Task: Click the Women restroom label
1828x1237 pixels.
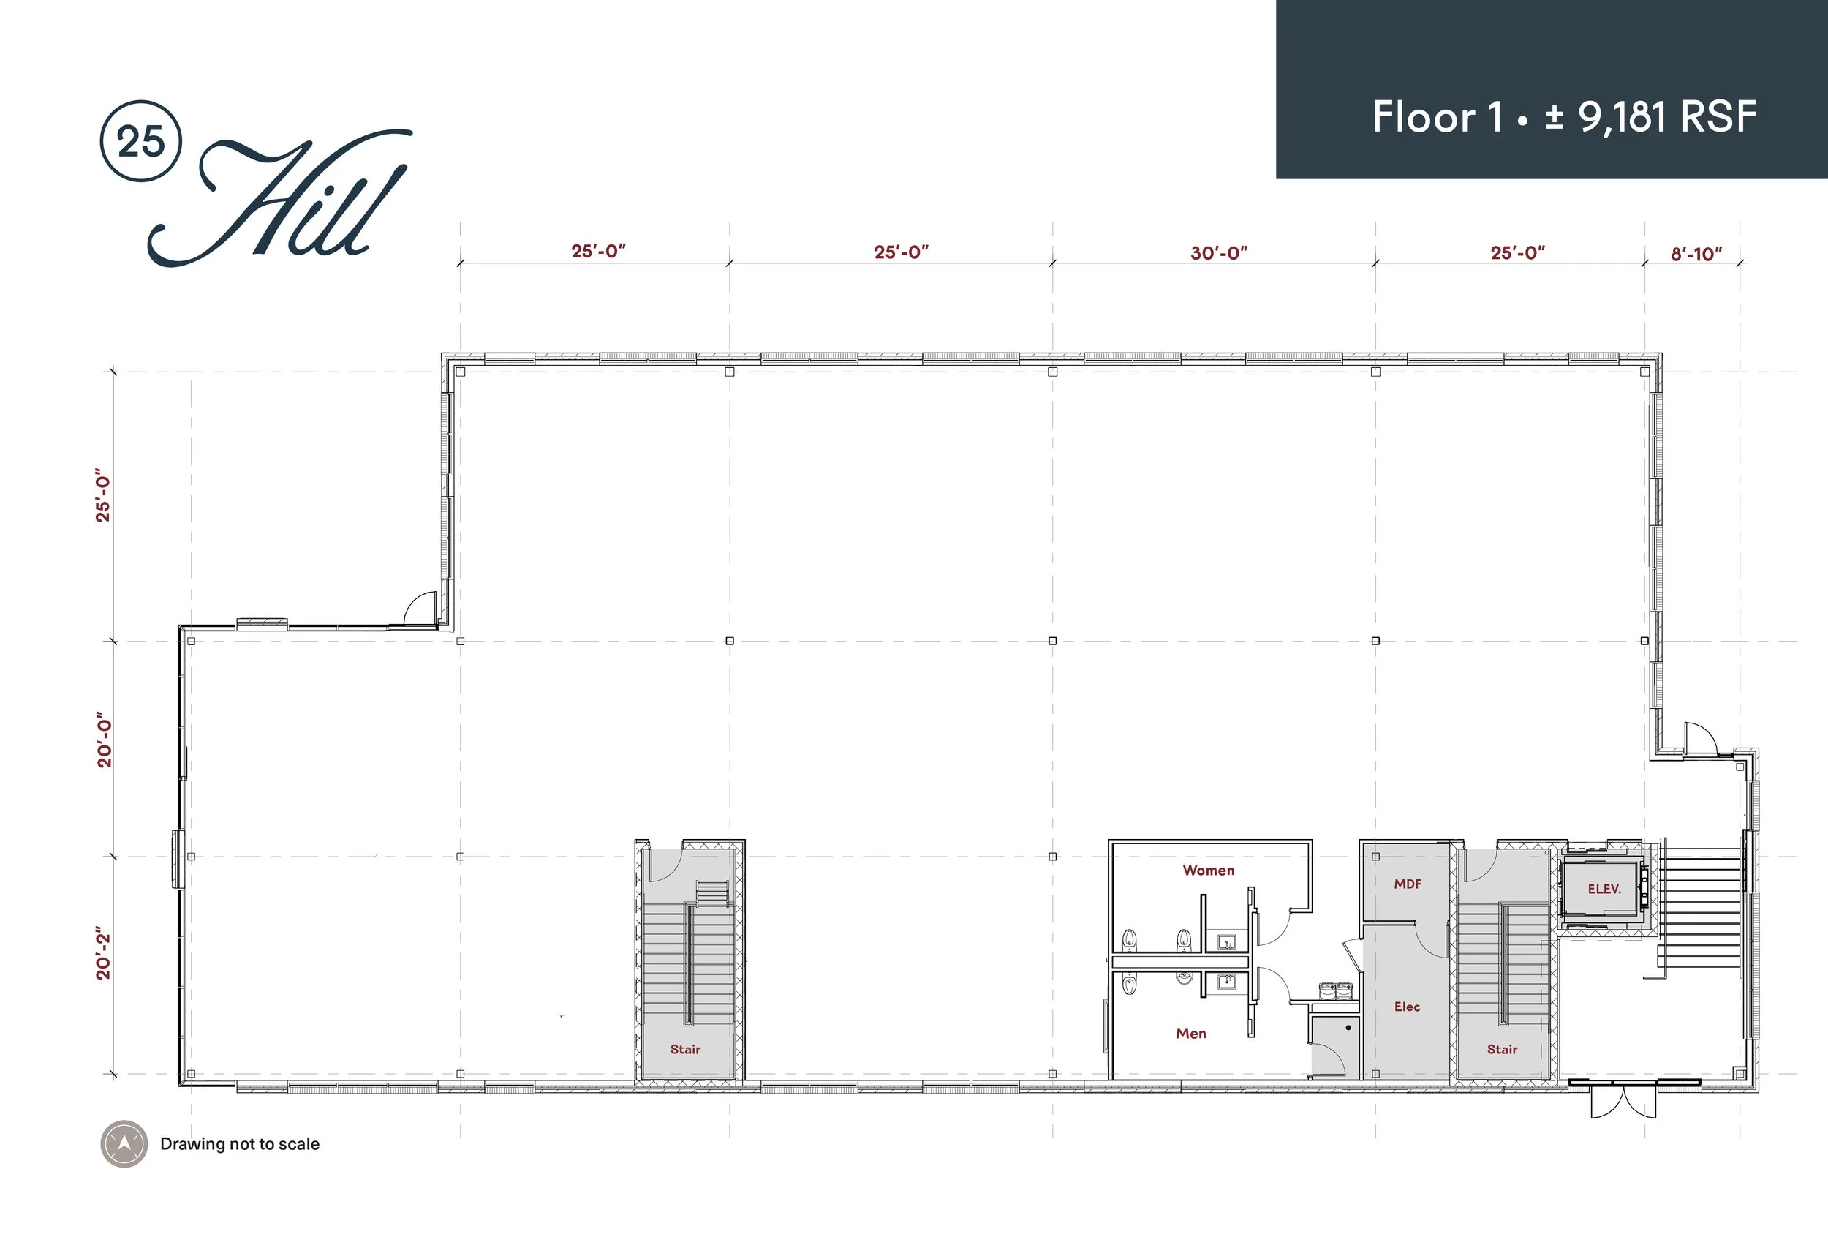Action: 1208,870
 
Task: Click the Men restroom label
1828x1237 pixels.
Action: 1191,1033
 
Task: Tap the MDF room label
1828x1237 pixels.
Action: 1407,884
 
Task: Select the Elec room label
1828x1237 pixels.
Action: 1406,1007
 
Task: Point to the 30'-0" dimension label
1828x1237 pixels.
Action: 1218,252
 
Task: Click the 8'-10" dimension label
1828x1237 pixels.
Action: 1696,254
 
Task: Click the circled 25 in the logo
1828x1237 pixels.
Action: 142,142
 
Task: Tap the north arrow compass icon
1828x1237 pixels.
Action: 124,1143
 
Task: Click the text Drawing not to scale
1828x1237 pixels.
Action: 240,1143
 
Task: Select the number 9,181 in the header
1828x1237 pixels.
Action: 1622,116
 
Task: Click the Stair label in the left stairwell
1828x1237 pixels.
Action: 684,1049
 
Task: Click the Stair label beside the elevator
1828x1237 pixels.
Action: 1502,1049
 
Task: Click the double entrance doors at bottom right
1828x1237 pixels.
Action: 1623,1099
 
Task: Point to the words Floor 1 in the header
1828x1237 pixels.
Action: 1436,116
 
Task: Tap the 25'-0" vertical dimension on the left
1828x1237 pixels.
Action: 104,498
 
